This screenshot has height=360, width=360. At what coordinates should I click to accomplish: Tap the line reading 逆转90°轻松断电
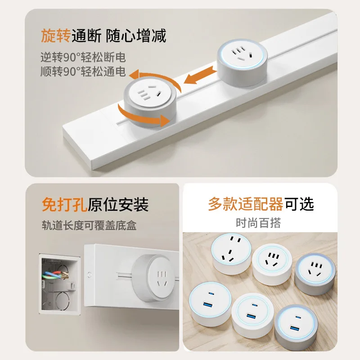[81, 58]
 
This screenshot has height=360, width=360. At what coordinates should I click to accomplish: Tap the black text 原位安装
[118, 205]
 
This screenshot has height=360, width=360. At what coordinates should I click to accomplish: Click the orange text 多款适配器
[245, 204]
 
